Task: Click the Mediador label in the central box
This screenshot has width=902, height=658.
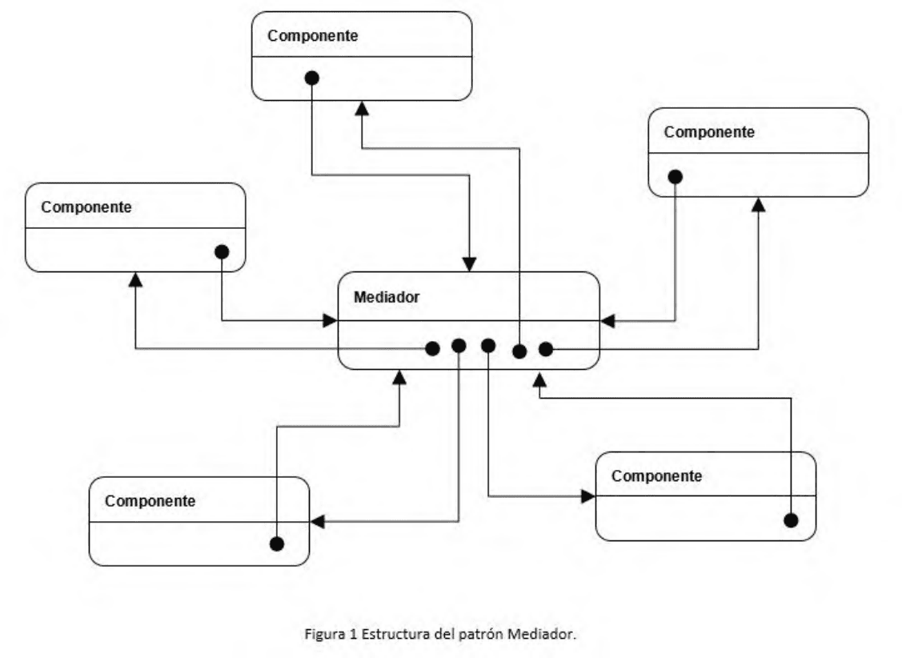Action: point(386,297)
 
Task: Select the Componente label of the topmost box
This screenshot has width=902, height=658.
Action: point(312,36)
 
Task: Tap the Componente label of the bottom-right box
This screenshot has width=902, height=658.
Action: point(656,476)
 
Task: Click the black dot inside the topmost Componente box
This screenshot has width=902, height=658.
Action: point(312,78)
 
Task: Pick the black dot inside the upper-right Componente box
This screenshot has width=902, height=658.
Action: point(675,177)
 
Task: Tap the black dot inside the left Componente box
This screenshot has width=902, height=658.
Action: point(222,252)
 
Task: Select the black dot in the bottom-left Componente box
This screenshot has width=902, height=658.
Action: point(277,544)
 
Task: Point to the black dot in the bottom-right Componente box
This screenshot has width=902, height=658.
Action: point(791,520)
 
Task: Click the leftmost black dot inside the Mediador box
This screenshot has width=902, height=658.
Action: point(432,348)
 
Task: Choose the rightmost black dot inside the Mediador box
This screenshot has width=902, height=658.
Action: point(545,348)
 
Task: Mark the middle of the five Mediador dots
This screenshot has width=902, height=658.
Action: point(488,346)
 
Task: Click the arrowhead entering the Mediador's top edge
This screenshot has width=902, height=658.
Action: point(469,265)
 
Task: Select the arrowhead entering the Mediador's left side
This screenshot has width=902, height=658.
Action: point(331,320)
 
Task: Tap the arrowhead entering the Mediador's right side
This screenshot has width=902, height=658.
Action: point(607,321)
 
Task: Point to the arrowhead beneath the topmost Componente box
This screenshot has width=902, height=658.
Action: point(362,108)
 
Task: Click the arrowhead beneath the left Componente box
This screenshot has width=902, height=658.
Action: point(135,279)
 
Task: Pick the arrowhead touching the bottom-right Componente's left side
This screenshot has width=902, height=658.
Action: point(588,496)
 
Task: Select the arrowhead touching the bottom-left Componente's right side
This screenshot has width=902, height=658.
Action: point(318,522)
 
